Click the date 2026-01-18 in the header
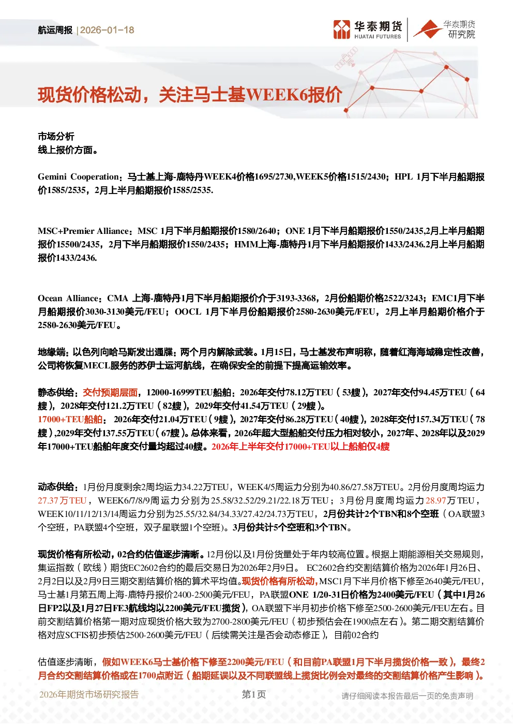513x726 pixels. point(107,30)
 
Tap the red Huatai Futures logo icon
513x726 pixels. point(342,29)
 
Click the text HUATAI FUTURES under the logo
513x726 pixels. point(378,37)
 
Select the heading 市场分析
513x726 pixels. point(56,137)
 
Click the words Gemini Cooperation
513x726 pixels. point(79,176)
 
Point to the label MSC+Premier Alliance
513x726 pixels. point(83,231)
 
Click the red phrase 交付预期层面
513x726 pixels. point(110,392)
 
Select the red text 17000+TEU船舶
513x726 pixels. point(70,419)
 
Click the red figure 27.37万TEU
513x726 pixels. point(62,500)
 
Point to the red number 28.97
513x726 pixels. point(435,500)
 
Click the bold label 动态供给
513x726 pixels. point(56,487)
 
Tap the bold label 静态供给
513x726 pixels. point(56,392)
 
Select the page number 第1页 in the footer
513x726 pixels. point(254,694)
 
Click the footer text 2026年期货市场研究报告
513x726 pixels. point(89,694)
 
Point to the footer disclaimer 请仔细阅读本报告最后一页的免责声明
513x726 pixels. point(407,696)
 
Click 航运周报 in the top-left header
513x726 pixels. point(55,30)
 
